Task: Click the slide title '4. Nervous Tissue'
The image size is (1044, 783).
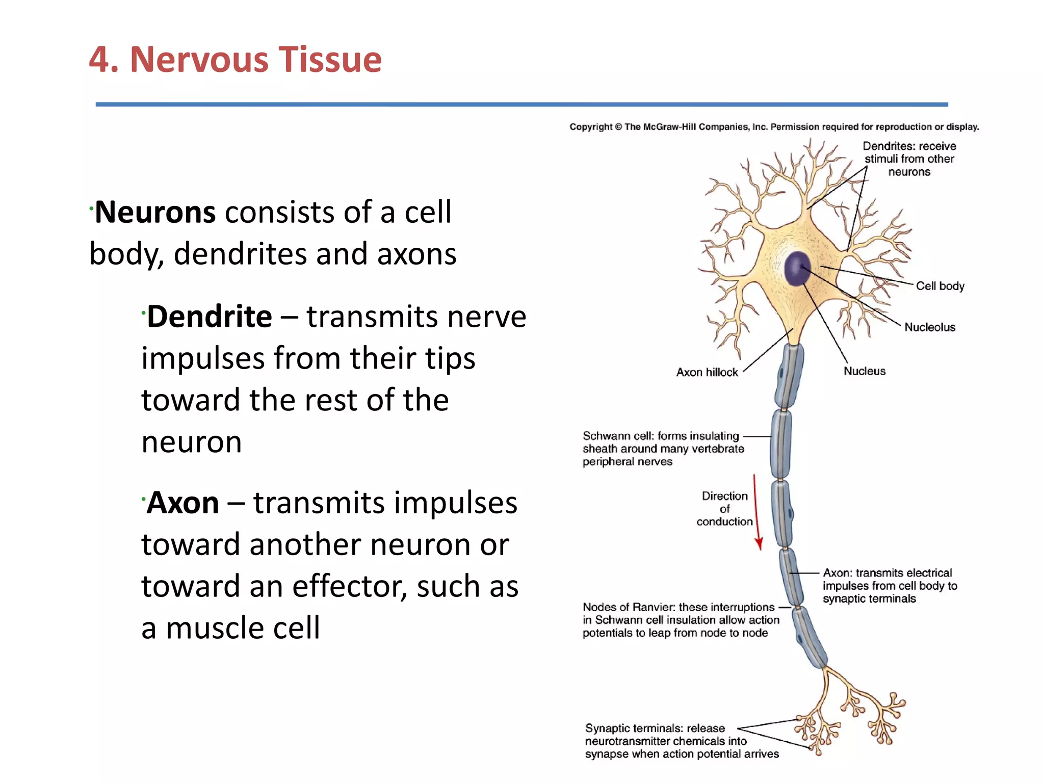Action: (235, 60)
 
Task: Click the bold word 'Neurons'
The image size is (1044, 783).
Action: (155, 212)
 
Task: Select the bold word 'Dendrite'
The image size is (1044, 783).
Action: (210, 317)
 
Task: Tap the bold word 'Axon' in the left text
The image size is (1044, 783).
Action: (183, 503)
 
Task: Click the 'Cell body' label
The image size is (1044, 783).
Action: (940, 286)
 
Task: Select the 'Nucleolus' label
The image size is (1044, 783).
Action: (930, 327)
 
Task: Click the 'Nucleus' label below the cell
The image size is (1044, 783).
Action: (865, 371)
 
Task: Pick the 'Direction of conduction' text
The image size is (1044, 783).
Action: (724, 509)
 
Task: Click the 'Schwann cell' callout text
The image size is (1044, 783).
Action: (663, 449)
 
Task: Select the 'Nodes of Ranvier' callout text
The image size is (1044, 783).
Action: (681, 620)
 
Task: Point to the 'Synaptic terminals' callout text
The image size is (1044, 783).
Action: (681, 741)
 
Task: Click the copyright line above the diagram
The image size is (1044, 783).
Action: (774, 127)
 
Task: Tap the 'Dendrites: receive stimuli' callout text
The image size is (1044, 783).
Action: (909, 159)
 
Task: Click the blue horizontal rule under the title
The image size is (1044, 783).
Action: (521, 105)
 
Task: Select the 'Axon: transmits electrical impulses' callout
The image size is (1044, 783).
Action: (890, 586)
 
